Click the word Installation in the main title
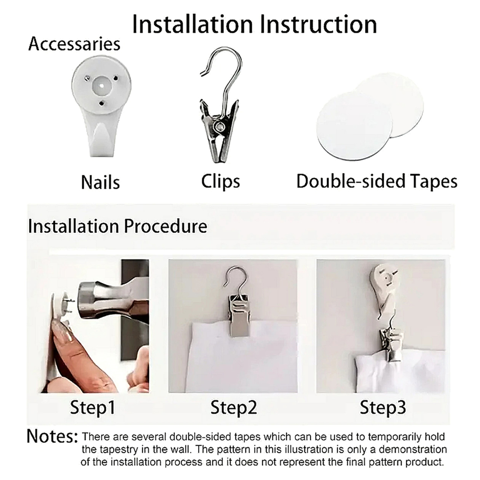[192, 24]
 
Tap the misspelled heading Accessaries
[74, 44]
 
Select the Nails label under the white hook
[100, 182]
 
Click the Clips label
[220, 181]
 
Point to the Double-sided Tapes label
[377, 181]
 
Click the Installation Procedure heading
[118, 226]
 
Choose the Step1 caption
[92, 407]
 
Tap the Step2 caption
[234, 407]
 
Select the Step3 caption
[383, 407]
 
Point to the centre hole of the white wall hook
[101, 86]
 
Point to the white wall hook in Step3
[384, 288]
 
